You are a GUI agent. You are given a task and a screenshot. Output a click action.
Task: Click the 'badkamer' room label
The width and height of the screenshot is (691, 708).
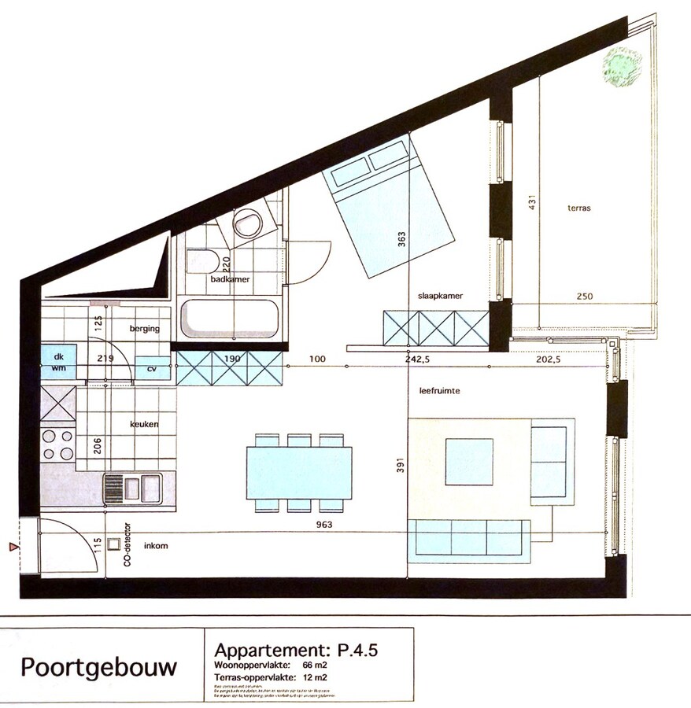(x=229, y=279)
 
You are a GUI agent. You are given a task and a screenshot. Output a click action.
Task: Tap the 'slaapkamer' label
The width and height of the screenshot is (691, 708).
(x=440, y=295)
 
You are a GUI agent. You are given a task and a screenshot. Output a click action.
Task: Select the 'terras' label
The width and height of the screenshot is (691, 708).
(x=578, y=208)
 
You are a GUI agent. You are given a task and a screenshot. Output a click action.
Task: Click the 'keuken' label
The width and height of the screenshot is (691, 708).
(x=144, y=424)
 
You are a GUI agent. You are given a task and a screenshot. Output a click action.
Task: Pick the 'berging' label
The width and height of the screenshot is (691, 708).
(x=144, y=329)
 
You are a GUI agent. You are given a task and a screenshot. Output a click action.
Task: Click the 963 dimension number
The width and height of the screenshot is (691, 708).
(x=323, y=525)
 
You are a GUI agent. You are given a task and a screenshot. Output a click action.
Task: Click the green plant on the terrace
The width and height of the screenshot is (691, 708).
(x=622, y=66)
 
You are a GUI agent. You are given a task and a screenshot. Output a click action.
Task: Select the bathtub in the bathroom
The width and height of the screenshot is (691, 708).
(x=229, y=318)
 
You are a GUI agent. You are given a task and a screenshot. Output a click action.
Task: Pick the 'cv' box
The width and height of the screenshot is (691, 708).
(x=152, y=368)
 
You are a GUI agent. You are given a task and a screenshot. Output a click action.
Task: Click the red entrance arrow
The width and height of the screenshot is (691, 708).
(x=12, y=546)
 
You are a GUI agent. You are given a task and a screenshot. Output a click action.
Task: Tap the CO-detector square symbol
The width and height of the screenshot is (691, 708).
(x=114, y=543)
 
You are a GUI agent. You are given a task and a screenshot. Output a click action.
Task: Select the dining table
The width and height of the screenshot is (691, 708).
(x=298, y=472)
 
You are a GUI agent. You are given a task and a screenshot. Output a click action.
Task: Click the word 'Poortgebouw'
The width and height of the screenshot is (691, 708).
(x=98, y=668)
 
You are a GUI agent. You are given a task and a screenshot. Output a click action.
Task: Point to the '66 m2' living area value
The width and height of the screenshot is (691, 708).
(x=315, y=666)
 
